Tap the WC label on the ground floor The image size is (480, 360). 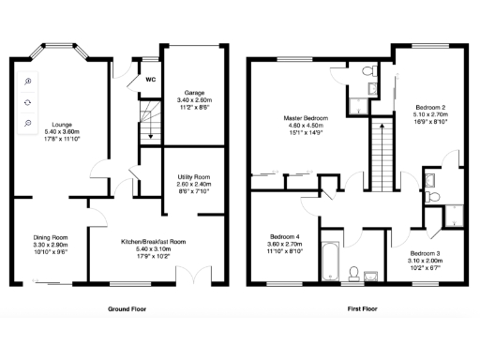point(150,79)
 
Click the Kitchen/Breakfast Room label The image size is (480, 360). point(153,241)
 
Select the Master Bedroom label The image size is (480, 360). point(304,117)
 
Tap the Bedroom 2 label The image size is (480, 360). point(429,108)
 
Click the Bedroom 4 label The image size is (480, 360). point(285,235)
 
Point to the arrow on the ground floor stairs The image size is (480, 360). point(149,136)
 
